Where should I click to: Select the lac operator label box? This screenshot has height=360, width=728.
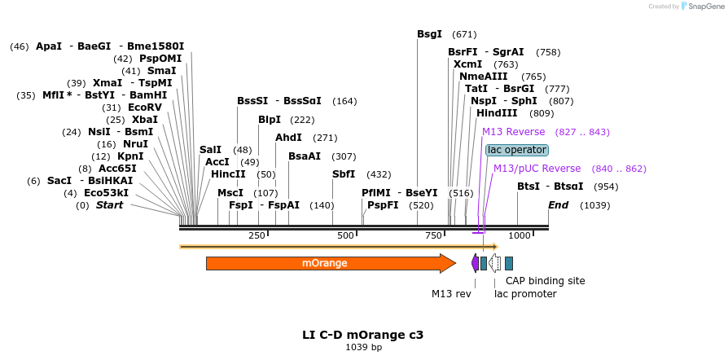[517, 150]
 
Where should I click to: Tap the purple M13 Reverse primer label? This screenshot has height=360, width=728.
[514, 132]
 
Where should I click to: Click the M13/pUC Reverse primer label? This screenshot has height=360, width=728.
[537, 169]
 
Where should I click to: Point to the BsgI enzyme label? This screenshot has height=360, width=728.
[429, 34]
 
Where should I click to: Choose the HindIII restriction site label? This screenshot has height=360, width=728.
[497, 113]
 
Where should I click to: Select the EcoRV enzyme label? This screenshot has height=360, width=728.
[145, 108]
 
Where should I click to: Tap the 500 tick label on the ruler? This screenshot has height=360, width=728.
[345, 235]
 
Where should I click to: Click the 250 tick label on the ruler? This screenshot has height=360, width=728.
[257, 235]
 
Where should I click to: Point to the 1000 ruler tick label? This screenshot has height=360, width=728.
[520, 235]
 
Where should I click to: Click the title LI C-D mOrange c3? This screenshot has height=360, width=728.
[363, 334]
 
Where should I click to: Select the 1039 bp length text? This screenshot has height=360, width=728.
[363, 347]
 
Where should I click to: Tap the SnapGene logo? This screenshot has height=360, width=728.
[704, 7]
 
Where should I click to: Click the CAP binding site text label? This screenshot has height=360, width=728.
[546, 281]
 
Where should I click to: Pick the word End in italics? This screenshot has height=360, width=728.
[558, 205]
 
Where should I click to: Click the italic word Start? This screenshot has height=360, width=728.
[110, 205]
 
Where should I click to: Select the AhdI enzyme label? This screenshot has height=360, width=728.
[288, 138]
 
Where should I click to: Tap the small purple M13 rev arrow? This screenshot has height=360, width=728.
[475, 262]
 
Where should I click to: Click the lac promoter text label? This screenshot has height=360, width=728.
[525, 294]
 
